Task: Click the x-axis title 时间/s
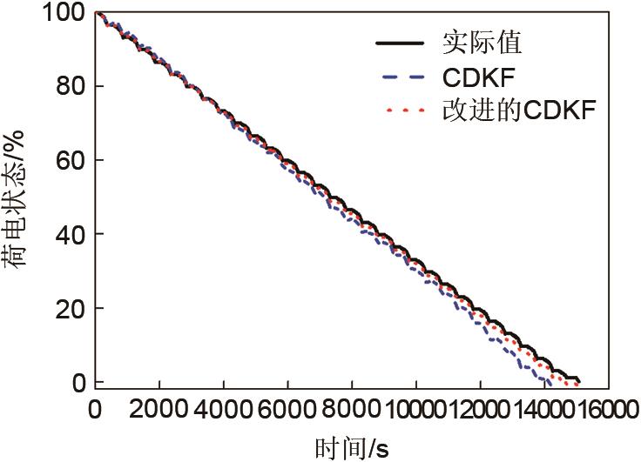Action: click(351, 448)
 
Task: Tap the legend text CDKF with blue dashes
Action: click(480, 77)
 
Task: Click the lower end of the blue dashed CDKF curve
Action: click(549, 382)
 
